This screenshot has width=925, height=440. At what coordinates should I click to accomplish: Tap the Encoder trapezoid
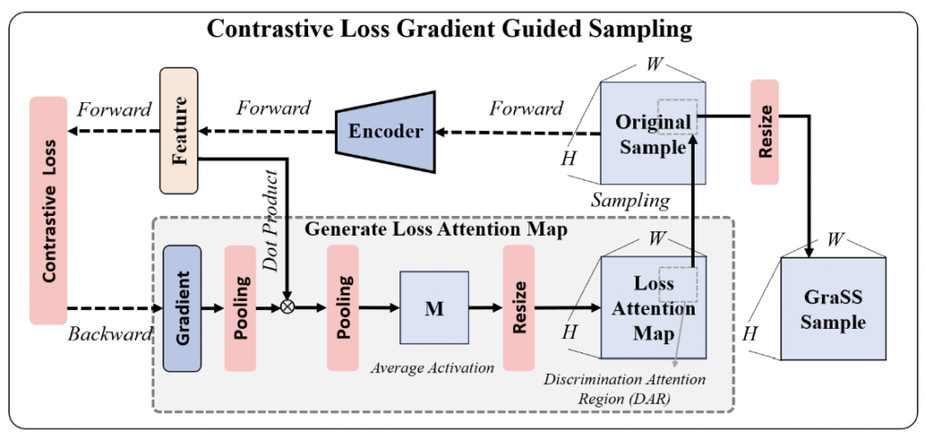pyautogui.click(x=386, y=131)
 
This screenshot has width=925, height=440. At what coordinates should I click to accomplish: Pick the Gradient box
pyautogui.click(x=182, y=309)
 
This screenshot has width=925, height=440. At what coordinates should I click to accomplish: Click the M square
pyautogui.click(x=433, y=309)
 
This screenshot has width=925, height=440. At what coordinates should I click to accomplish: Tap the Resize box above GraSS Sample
pyautogui.click(x=764, y=132)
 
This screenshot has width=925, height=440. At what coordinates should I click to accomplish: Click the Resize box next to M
pyautogui.click(x=519, y=309)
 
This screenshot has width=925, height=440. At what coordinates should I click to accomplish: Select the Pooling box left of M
pyautogui.click(x=342, y=309)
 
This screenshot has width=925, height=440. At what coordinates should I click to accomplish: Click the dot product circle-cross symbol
pyautogui.click(x=288, y=306)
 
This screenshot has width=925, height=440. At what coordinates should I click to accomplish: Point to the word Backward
pyautogui.click(x=108, y=334)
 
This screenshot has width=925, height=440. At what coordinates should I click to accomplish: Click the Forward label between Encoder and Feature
pyautogui.click(x=273, y=108)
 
